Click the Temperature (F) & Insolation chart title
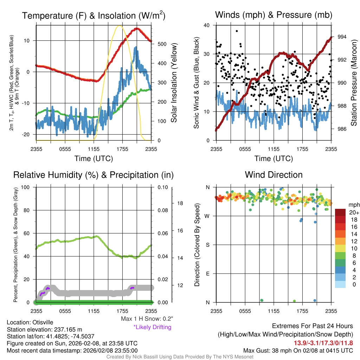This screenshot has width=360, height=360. pyautogui.click(x=94, y=15)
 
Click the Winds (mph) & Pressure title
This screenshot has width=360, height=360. pyautogui.click(x=274, y=15)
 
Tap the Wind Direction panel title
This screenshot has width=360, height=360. pyautogui.click(x=274, y=175)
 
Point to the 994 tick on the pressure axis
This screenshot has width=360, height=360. pyautogui.click(x=342, y=37)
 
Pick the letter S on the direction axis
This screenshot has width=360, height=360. pyautogui.click(x=207, y=245)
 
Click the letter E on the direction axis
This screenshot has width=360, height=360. pyautogui.click(x=207, y=274)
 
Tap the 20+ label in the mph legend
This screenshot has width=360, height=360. pyautogui.click(x=354, y=212)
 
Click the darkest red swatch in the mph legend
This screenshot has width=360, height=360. pyautogui.click(x=341, y=212)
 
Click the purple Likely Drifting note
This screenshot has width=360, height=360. pyautogui.click(x=152, y=327)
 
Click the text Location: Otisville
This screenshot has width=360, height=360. pyautogui.click(x=28, y=322)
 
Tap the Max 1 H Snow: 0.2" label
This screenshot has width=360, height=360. pyautogui.click(x=147, y=319)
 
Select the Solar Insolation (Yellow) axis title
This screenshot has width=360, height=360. pyautogui.click(x=174, y=83)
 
